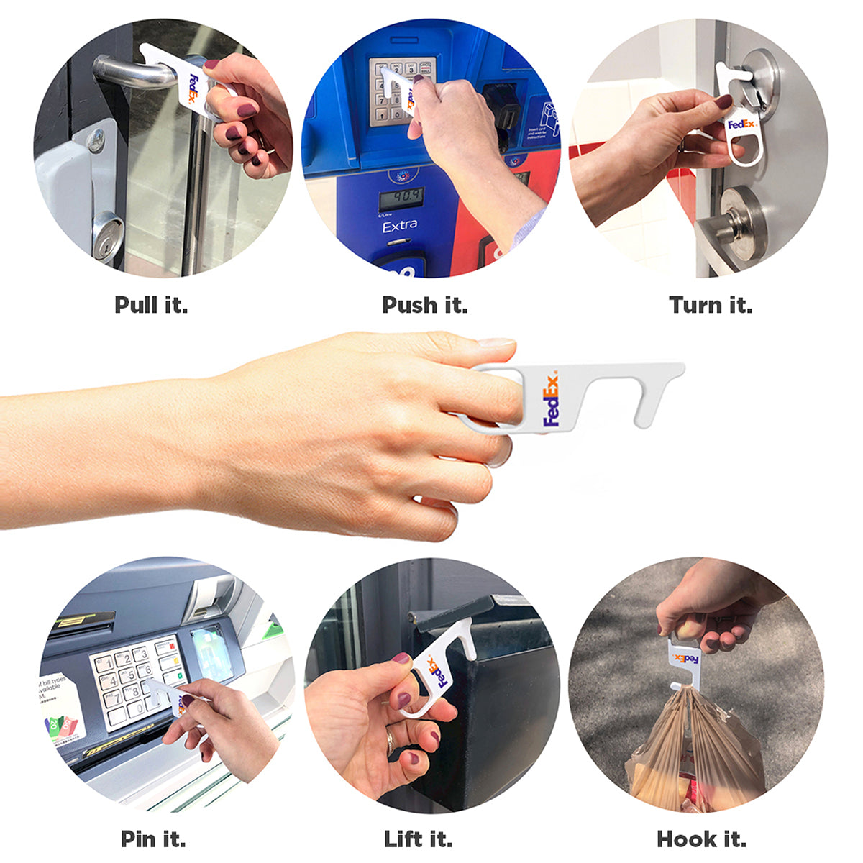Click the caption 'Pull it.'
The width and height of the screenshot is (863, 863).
click(151, 305)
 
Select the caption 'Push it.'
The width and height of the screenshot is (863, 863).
click(424, 305)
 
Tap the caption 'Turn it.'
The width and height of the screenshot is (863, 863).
click(711, 305)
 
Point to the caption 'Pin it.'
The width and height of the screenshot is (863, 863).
click(153, 839)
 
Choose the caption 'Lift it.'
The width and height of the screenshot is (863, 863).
click(418, 839)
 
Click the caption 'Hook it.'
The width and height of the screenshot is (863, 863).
click(701, 839)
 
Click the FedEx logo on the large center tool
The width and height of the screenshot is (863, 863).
click(551, 401)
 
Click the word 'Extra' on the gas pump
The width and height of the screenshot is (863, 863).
click(400, 227)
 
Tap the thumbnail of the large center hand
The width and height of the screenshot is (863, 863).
click(496, 343)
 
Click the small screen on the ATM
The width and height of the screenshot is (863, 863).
click(211, 653)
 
